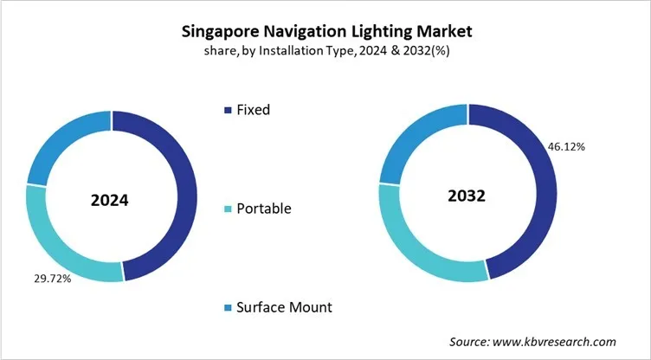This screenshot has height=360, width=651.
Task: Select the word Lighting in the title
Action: click(x=388, y=32)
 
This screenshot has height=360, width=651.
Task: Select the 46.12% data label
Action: click(x=566, y=146)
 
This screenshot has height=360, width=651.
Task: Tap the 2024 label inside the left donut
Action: click(x=110, y=201)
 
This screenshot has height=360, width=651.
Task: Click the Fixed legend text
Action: click(x=255, y=110)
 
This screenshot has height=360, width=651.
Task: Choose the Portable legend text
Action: click(x=264, y=209)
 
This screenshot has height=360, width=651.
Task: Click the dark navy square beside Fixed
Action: click(x=229, y=111)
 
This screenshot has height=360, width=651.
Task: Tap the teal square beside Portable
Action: click(x=229, y=209)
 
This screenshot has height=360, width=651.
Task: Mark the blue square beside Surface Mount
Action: click(x=229, y=308)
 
